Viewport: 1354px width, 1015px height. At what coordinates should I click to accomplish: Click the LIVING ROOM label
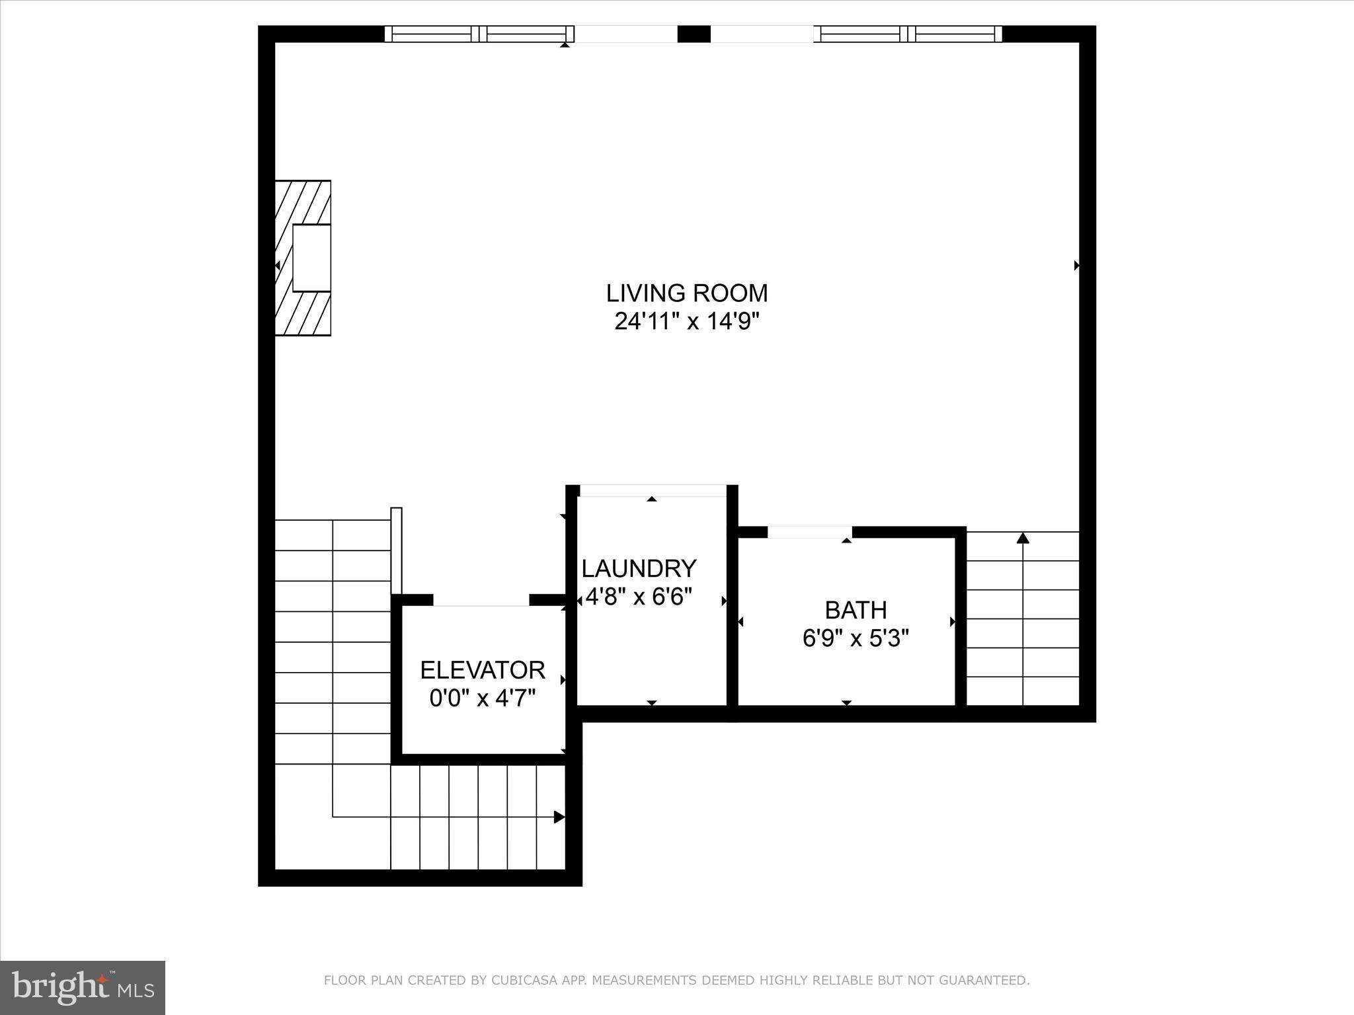point(687,293)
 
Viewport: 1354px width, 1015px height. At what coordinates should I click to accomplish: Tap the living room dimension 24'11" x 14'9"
point(687,322)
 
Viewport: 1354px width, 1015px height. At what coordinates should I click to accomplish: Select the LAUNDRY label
point(639,568)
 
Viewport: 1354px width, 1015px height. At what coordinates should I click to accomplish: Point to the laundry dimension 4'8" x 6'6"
point(639,597)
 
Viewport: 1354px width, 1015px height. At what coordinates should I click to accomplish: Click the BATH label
point(856,609)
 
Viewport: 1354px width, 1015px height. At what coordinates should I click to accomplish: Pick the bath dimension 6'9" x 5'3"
point(856,639)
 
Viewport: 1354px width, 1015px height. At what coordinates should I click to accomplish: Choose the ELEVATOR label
point(483,670)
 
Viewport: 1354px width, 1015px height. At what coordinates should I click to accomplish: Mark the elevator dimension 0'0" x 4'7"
point(483,698)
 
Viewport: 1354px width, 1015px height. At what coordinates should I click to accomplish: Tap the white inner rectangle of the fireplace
point(311,258)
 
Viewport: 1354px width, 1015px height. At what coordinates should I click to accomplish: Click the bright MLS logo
point(83,987)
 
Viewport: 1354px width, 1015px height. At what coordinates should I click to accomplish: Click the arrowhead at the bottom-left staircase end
point(559,817)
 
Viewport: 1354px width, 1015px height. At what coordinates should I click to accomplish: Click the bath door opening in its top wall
point(809,532)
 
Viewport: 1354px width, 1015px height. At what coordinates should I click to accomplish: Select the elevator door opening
point(481,600)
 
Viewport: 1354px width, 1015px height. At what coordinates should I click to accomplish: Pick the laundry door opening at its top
point(653,490)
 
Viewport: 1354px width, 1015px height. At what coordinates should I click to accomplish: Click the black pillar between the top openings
point(694,34)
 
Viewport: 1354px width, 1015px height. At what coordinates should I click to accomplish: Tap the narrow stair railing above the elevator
point(397,550)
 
